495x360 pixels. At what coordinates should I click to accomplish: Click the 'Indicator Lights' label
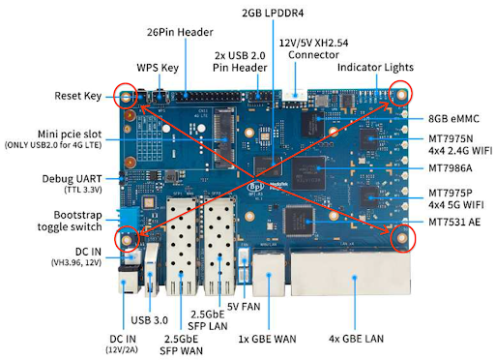tap(376, 68)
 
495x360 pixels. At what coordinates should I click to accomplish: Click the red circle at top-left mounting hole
tap(124, 96)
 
